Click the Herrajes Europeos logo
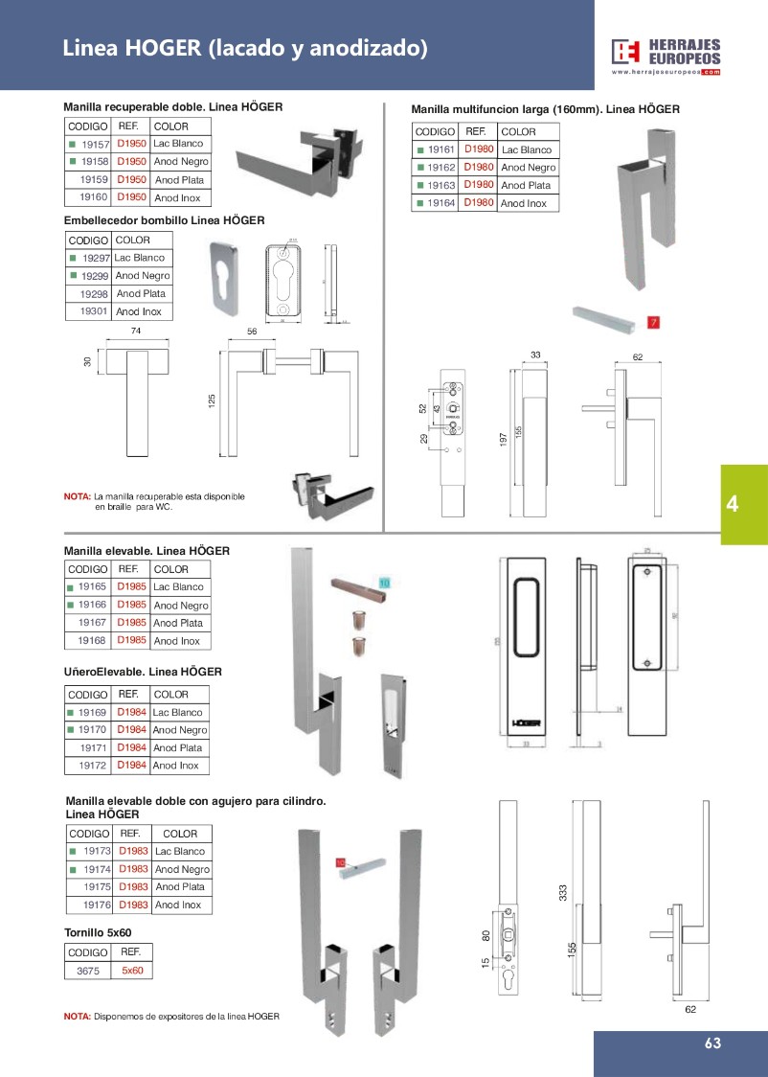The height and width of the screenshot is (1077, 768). coord(666,56)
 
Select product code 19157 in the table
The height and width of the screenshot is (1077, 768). coord(96,144)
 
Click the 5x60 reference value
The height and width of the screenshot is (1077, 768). coord(132,971)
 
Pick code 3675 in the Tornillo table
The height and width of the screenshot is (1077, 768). coord(87,971)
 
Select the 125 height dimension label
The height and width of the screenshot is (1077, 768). coord(213,400)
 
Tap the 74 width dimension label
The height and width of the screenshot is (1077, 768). coord(135,331)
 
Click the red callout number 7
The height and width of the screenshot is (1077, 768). coord(654,322)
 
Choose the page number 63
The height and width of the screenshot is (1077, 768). coord(712,1044)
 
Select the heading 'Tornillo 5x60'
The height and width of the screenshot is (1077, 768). coord(97,931)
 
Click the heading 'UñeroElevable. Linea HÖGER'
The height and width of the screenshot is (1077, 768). coord(143,672)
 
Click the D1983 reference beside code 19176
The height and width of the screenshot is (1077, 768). coord(133,905)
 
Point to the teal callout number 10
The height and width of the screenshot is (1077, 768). coord(384,582)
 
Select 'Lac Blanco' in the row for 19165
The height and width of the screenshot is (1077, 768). coord(178,586)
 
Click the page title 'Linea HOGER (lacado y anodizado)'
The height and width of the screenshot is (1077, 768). coord(245,48)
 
